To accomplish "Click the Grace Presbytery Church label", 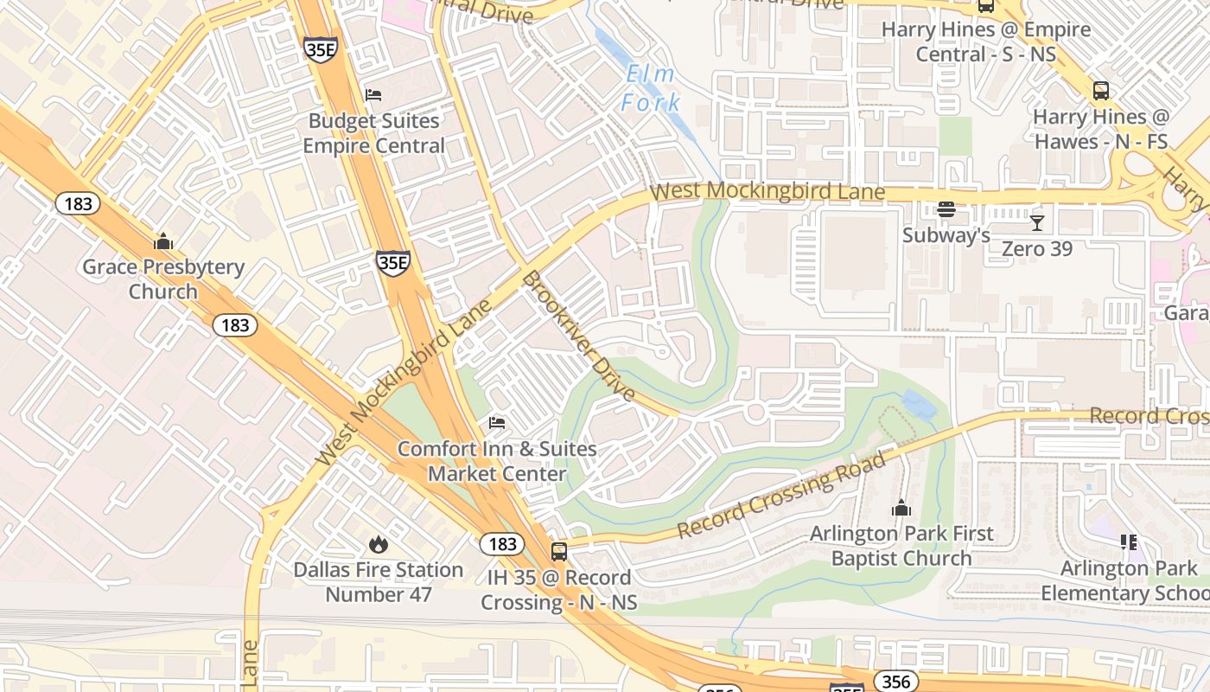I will [163, 279].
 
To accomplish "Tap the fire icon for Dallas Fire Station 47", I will [378, 544].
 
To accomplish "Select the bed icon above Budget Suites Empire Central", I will [373, 94].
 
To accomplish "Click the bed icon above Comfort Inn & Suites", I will [497, 422].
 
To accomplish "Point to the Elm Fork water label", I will [650, 88].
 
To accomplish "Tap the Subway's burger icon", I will [946, 209].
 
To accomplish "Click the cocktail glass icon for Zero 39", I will [1037, 223].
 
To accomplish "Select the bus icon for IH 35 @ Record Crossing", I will [559, 551].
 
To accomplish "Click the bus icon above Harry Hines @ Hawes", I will [1101, 90].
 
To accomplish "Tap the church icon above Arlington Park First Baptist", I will [901, 508].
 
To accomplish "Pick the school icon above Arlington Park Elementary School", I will [1129, 542].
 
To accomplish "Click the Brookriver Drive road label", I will [578, 336].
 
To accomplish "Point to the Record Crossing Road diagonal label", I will [782, 495].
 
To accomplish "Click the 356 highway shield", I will [896, 682].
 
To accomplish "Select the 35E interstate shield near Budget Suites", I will [320, 50].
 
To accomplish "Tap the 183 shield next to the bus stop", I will [501, 544].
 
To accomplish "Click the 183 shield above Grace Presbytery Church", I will [78, 204].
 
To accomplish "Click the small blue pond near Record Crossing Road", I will [920, 405].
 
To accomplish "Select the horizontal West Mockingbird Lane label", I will [767, 191].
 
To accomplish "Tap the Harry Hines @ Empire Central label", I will [986, 42].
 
